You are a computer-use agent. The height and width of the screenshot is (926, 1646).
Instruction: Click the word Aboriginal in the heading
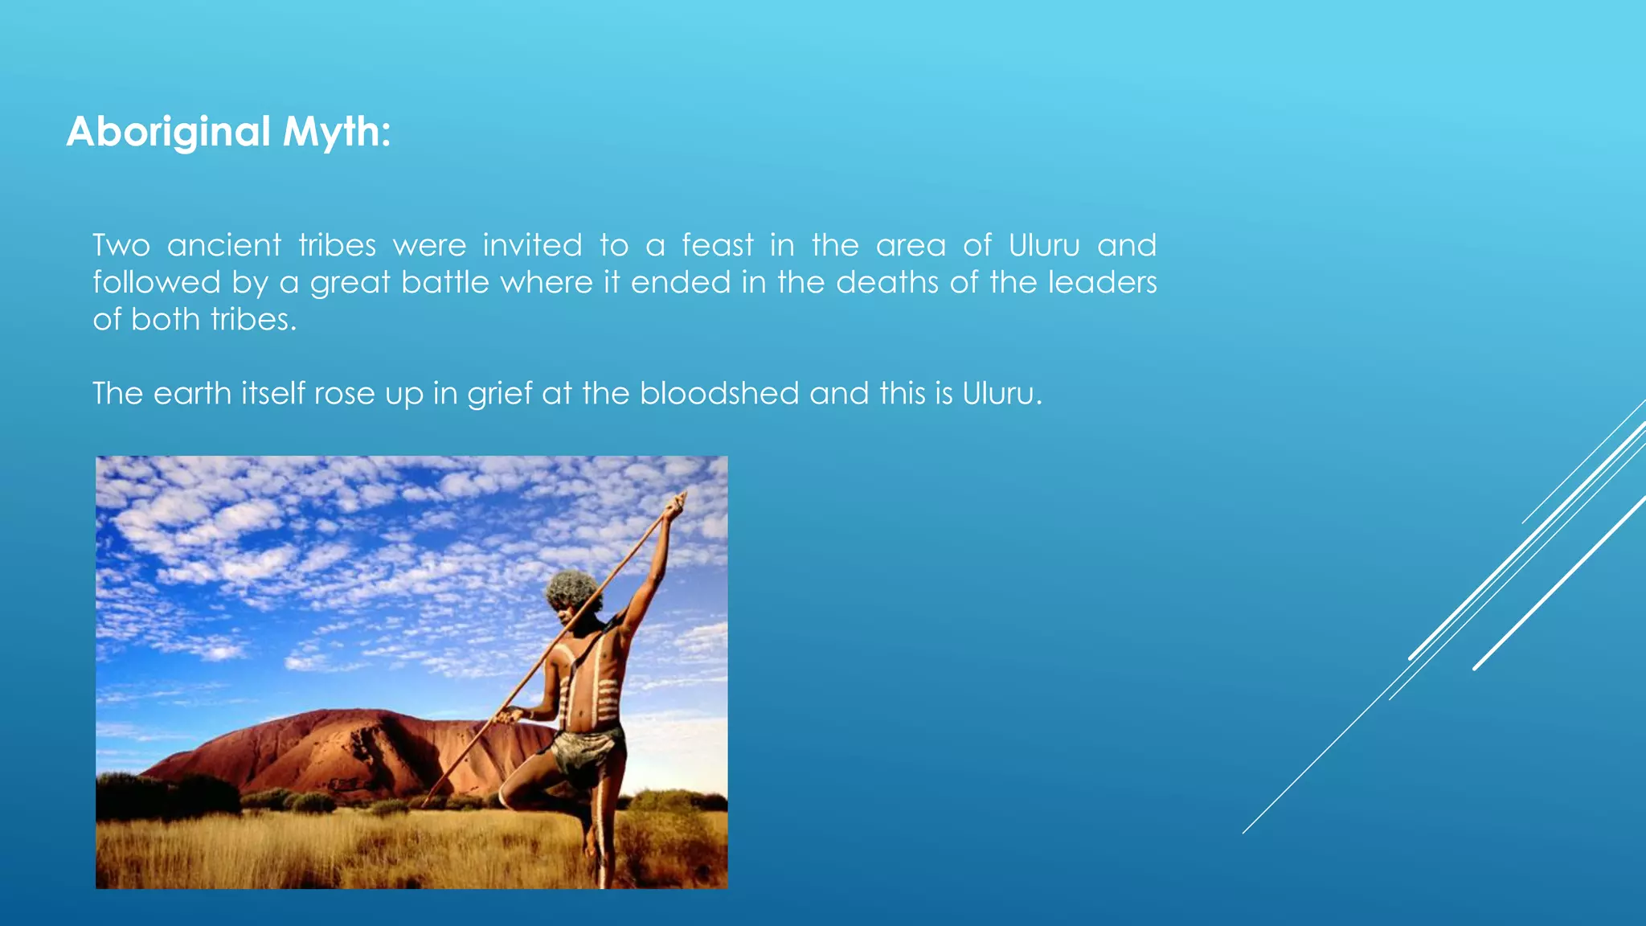168,132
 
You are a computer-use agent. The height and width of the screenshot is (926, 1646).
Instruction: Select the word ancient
224,245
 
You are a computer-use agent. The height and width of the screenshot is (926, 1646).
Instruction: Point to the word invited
532,245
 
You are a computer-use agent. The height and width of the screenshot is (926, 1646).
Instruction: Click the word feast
718,245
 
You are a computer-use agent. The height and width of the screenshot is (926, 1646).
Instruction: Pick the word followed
156,283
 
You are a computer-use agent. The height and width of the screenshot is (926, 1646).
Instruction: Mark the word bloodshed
719,394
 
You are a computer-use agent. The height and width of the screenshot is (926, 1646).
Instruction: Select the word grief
499,394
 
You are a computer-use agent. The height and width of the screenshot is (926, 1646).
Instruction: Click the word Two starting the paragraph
121,245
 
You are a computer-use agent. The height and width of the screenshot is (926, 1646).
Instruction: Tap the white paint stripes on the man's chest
599,683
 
